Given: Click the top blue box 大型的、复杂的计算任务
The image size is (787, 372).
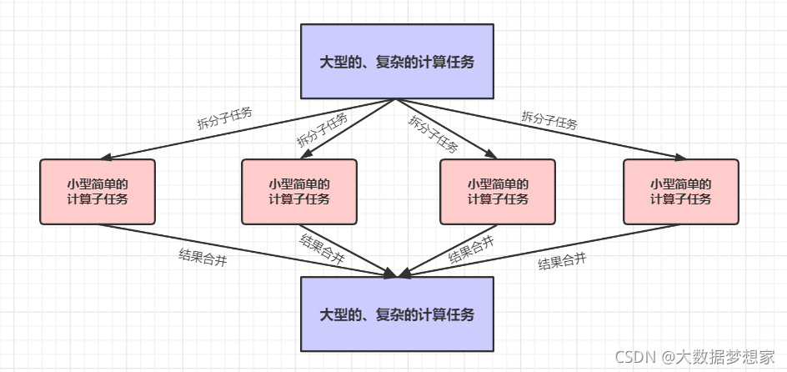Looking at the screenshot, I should (397, 61).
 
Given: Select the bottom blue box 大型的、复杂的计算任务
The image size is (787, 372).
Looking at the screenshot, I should (397, 314).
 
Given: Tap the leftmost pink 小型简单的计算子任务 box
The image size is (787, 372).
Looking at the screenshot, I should (98, 192).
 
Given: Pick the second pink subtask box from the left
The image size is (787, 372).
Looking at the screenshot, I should (299, 192).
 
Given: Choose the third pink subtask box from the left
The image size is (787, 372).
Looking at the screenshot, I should (498, 192).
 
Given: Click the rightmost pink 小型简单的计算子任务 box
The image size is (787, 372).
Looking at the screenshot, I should (680, 192).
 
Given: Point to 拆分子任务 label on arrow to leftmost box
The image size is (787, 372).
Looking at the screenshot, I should (224, 118).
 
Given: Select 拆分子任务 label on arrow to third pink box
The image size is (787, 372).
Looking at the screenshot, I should (434, 133).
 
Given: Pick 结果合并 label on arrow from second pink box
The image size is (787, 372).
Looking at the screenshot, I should (322, 249).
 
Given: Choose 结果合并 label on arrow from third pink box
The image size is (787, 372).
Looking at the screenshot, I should (470, 249).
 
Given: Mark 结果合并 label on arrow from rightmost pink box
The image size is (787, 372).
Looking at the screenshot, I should (562, 262).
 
